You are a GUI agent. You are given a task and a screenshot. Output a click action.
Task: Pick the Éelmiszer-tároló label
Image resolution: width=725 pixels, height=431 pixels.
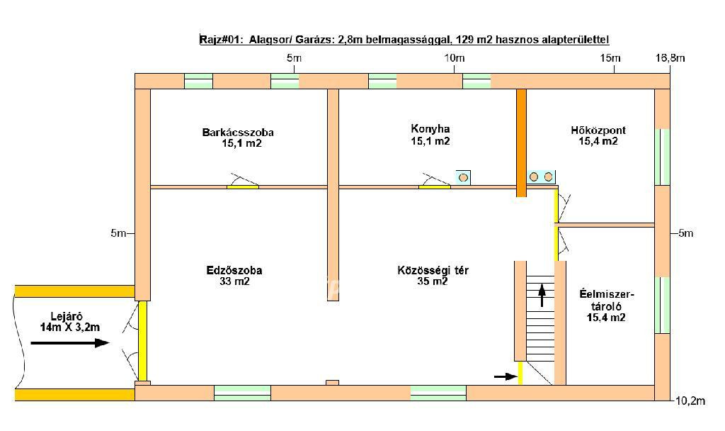(607, 306)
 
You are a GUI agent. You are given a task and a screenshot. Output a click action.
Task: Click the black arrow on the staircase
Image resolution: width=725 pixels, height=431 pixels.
(542, 296)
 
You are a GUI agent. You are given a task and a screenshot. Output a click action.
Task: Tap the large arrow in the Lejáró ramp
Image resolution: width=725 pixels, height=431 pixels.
(70, 343)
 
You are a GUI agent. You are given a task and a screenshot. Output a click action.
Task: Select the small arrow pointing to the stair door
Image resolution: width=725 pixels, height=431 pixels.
(506, 377)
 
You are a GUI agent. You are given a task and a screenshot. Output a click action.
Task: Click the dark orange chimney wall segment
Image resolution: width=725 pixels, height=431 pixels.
(521, 143)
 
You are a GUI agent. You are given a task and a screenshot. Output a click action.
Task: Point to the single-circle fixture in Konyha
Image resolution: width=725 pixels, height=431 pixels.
(463, 177)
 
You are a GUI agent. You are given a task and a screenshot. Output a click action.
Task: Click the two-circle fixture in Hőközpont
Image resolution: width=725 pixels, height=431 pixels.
(542, 177)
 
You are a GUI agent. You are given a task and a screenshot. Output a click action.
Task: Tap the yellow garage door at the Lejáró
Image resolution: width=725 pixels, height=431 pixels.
(143, 341)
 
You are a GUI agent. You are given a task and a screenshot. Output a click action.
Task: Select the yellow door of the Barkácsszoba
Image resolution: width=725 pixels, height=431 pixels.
(243, 187)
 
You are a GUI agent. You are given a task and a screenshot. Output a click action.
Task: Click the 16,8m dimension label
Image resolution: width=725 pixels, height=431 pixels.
(670, 58)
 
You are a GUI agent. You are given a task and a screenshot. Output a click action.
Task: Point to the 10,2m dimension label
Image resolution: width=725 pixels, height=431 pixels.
(690, 401)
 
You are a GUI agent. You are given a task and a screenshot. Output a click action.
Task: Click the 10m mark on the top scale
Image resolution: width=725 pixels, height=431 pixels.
(455, 58)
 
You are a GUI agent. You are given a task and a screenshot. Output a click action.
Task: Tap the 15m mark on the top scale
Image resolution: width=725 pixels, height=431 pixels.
(610, 58)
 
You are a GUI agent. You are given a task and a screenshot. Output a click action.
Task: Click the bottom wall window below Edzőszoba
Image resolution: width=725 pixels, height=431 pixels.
(242, 393)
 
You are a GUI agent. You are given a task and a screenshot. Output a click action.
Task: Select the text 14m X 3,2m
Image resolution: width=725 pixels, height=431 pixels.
(70, 328)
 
